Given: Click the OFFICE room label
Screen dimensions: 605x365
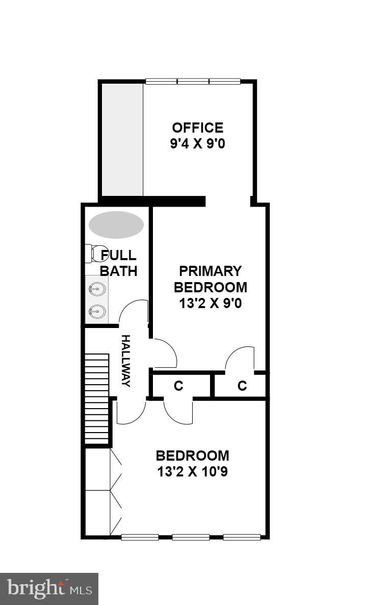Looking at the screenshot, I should pos(197,128).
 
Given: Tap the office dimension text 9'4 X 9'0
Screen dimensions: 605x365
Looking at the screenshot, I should pos(197,144).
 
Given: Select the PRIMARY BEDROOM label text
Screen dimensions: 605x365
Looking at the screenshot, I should pos(210,279).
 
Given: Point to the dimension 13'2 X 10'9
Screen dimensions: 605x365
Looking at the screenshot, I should pos(192,472).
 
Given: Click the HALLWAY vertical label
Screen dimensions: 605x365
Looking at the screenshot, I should pos(125,361).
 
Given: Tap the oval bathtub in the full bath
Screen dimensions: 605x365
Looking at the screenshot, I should pos(116,224).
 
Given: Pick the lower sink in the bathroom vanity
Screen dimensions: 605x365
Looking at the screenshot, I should pos(97,311).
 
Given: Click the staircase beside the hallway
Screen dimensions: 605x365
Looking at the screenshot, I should pos(97,398).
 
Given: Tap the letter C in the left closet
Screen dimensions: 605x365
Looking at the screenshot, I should pos(178,386).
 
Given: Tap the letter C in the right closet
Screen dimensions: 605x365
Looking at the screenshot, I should pos(242,386).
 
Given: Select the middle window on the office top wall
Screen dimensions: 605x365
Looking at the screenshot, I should pos(193,81).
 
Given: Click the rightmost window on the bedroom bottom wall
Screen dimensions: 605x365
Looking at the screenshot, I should pos(242,537).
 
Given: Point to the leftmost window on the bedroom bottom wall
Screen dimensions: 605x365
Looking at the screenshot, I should pos(140,537).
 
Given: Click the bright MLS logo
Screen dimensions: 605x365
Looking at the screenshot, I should pos(49,589).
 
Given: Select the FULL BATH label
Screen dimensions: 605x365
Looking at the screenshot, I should pos(118,263).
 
